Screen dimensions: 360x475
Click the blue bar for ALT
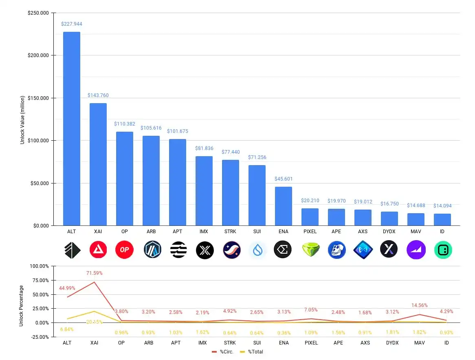[x=71, y=128]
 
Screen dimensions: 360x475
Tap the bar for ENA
[x=283, y=206]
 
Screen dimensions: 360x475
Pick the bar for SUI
[x=257, y=195]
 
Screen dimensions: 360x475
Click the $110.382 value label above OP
[x=125, y=124]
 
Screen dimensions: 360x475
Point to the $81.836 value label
[x=204, y=148]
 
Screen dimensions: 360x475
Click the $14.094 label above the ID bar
[x=442, y=206]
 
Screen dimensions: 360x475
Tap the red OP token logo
[x=124, y=250]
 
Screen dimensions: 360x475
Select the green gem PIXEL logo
[x=310, y=250]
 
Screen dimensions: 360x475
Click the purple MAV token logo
[x=416, y=250]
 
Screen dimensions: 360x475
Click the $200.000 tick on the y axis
[x=38, y=55]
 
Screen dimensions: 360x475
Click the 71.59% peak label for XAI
[x=94, y=273]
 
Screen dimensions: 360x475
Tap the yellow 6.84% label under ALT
[x=67, y=329]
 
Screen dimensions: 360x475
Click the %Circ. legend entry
[x=223, y=351]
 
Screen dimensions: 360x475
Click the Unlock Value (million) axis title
[x=22, y=120]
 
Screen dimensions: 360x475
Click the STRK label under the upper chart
[x=230, y=232]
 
